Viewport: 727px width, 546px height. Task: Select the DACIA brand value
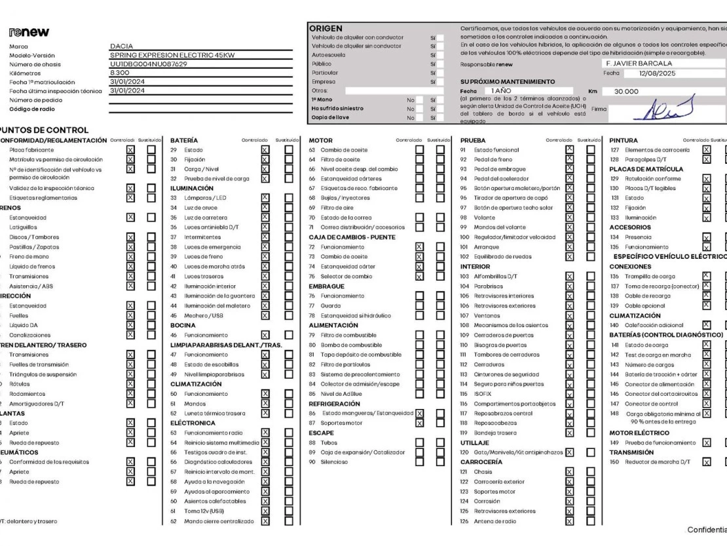122,47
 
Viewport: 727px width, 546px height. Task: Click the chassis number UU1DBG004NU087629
149,64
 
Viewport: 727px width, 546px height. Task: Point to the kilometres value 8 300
120,73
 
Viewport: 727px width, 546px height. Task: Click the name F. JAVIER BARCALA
639,64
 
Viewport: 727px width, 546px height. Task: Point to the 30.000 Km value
625,92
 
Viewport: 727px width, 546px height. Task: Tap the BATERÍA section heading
185,140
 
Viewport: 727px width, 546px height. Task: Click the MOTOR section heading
320,140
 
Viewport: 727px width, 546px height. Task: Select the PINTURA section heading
624,140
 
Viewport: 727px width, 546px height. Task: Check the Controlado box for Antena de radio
569,521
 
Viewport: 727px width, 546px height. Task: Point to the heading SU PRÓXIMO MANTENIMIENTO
508,82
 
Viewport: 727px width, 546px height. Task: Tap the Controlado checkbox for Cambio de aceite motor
419,150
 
